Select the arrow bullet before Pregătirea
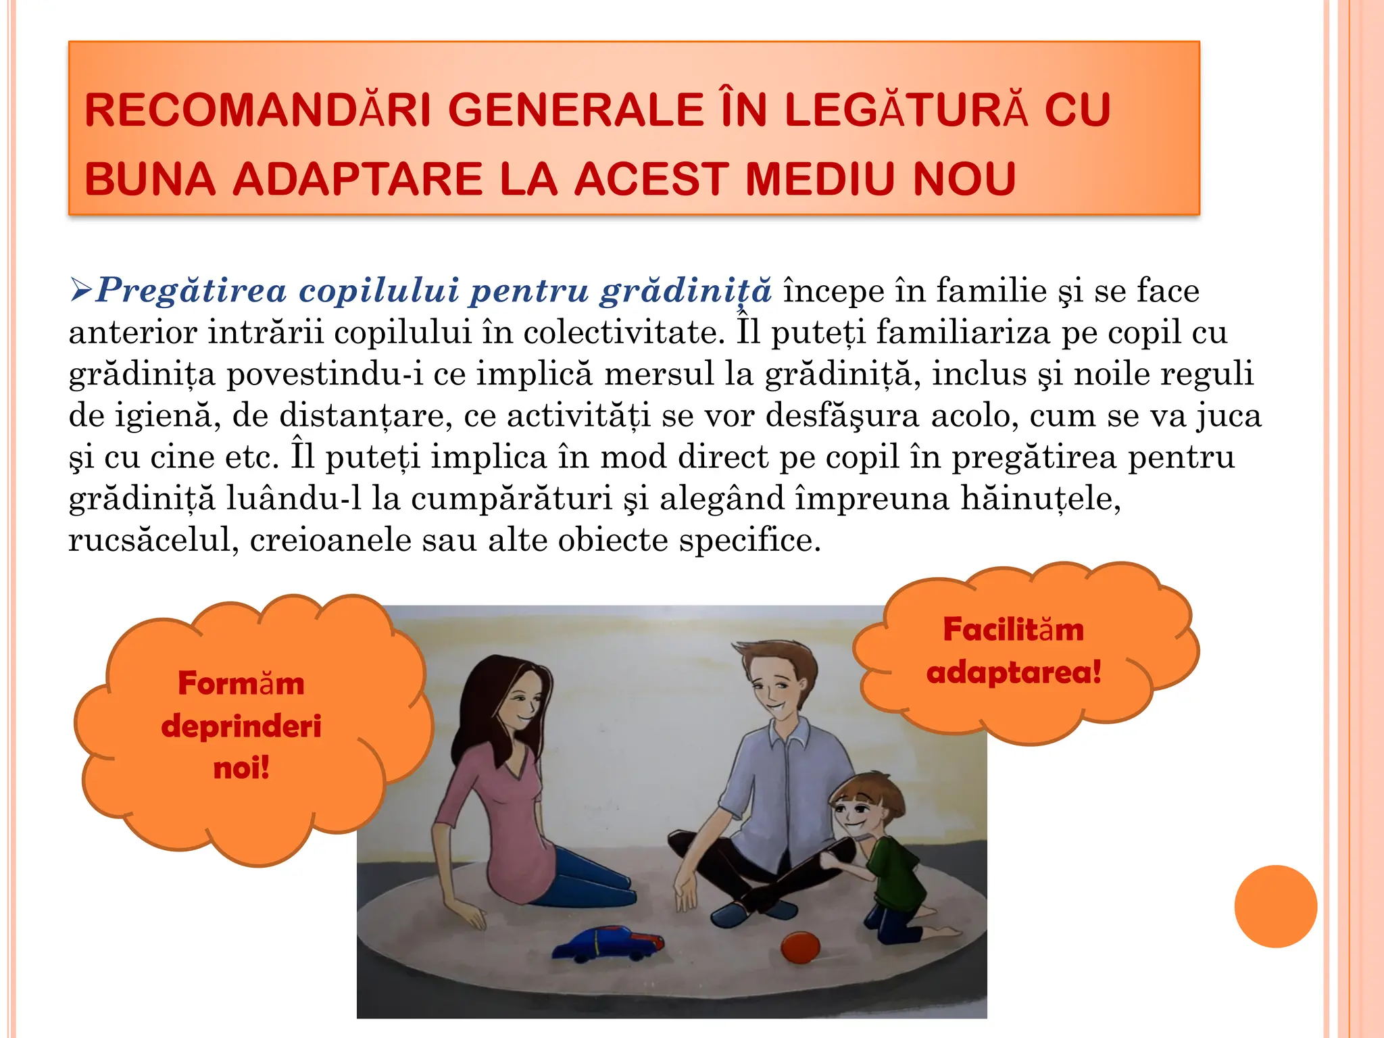80,291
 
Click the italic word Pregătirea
191,291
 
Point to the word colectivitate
619,332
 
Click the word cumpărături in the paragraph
511,499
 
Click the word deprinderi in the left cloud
241,726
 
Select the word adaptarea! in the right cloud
1014,672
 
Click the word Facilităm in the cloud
1013,630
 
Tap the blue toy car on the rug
608,944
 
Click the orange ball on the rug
801,947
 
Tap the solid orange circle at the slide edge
1275,906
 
